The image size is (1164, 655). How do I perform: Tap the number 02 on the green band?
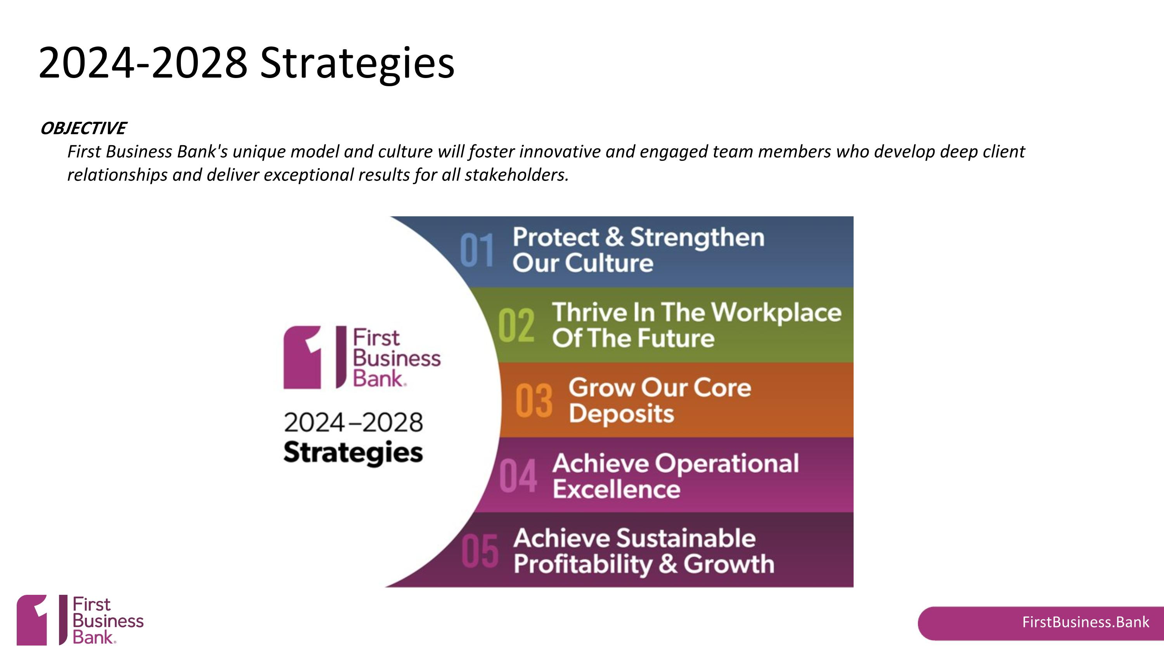516,325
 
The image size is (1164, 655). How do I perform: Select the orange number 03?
533,401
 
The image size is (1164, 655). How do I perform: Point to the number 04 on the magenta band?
518,476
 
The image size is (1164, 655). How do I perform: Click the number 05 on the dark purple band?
480,551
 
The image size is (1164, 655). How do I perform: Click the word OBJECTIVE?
83,129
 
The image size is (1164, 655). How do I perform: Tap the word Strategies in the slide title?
357,63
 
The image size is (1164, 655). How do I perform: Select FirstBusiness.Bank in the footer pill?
1085,622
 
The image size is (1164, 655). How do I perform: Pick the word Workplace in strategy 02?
776,313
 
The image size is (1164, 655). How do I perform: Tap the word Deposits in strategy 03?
621,414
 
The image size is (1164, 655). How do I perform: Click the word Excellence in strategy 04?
617,490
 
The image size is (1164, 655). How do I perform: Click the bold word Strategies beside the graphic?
353,453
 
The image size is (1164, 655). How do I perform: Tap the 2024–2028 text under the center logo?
353,423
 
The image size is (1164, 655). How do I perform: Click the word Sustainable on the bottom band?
686,539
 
